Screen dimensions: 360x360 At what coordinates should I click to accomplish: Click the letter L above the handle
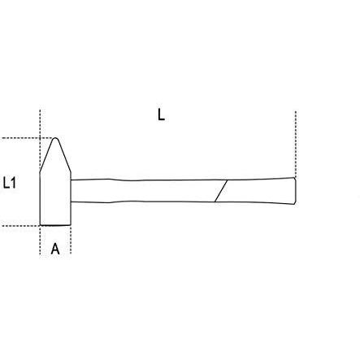161,115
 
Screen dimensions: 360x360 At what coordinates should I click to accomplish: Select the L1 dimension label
10,183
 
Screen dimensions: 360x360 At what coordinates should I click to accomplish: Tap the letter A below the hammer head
55,249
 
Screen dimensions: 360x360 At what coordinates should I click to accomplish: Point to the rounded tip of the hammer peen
55,138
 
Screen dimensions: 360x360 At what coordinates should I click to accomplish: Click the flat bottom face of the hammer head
55,225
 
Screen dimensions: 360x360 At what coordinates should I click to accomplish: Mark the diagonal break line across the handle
221,191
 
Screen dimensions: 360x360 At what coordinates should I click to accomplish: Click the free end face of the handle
295,191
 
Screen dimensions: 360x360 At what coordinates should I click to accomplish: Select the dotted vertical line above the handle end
296,144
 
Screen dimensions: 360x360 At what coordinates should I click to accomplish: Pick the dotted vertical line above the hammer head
40,141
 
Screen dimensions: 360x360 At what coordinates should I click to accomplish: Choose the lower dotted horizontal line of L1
20,226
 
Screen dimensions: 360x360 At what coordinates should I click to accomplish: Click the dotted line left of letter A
40,240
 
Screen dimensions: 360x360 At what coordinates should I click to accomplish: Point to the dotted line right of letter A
71,240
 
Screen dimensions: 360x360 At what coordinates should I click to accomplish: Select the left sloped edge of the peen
46,155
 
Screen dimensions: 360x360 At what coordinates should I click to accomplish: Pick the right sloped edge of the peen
64,155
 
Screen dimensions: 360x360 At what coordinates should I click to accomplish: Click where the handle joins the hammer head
71,191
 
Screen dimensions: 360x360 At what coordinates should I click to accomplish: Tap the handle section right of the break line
258,191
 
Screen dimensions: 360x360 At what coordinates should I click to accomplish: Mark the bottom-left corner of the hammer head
40,225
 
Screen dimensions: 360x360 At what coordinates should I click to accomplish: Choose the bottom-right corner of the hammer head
71,225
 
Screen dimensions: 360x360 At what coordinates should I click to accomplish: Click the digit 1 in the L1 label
13,183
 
